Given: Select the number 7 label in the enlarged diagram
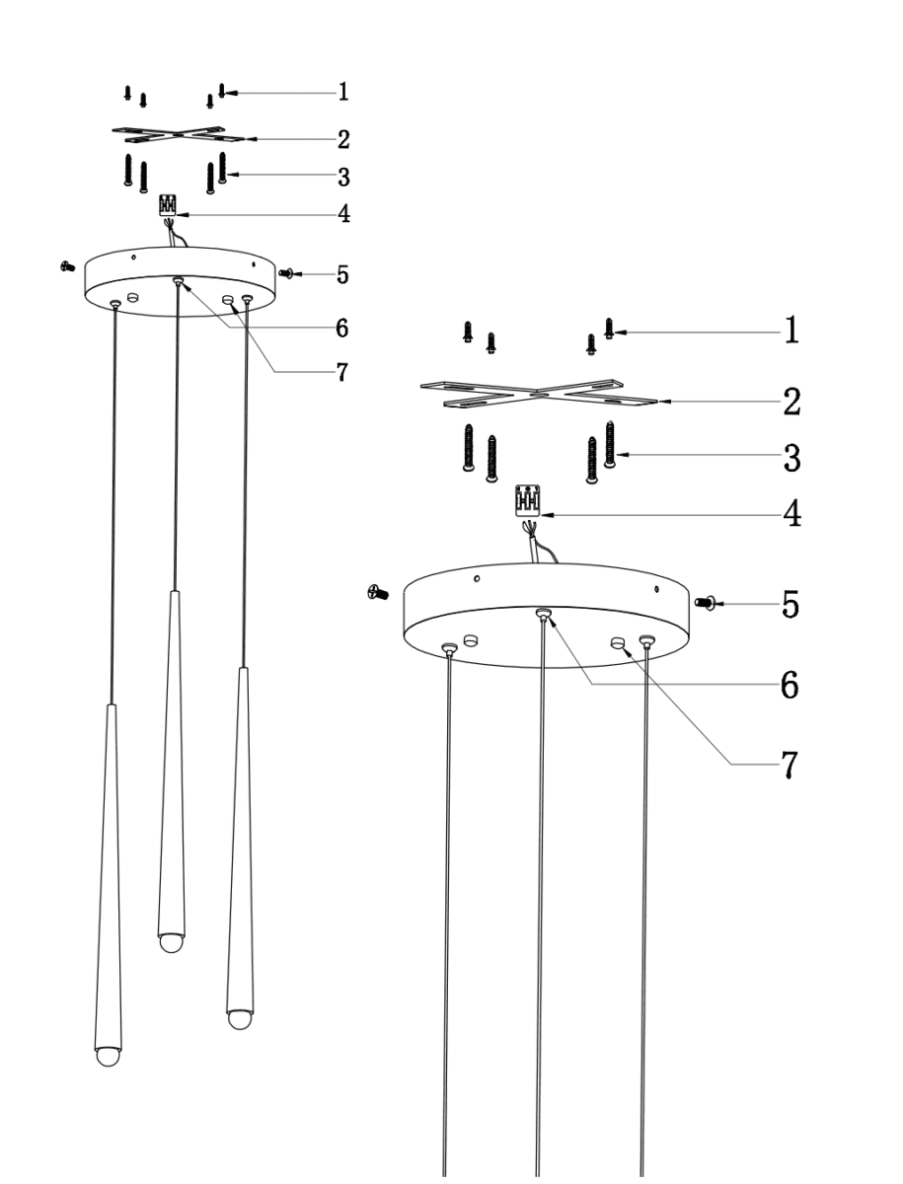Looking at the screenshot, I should [790, 765].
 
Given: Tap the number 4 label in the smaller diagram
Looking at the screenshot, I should [343, 213].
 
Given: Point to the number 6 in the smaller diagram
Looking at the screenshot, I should [342, 326].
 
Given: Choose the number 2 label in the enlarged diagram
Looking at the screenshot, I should [790, 402].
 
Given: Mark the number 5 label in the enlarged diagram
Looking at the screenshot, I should [790, 603].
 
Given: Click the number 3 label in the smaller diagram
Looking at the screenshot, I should [343, 177].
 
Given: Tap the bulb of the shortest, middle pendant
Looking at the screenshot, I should [172, 939].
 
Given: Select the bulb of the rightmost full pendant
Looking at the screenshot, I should [240, 1017].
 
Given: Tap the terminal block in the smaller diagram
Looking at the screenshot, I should [169, 204].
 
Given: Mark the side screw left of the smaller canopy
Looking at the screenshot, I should [68, 265].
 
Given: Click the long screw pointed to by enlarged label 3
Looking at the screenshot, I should [610, 443].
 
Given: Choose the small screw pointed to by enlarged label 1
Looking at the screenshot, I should [609, 329].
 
